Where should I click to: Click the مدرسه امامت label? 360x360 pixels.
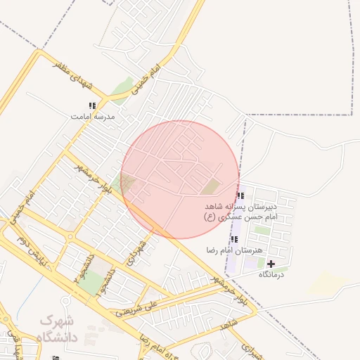tap(89, 115)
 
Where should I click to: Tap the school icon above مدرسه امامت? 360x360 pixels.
tap(92, 106)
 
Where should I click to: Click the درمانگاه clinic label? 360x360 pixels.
tap(271, 274)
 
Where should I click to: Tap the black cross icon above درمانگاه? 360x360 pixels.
tap(271, 264)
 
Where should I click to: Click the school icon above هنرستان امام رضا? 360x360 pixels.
tap(234, 240)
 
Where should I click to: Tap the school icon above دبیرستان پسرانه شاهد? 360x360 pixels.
tap(240, 196)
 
